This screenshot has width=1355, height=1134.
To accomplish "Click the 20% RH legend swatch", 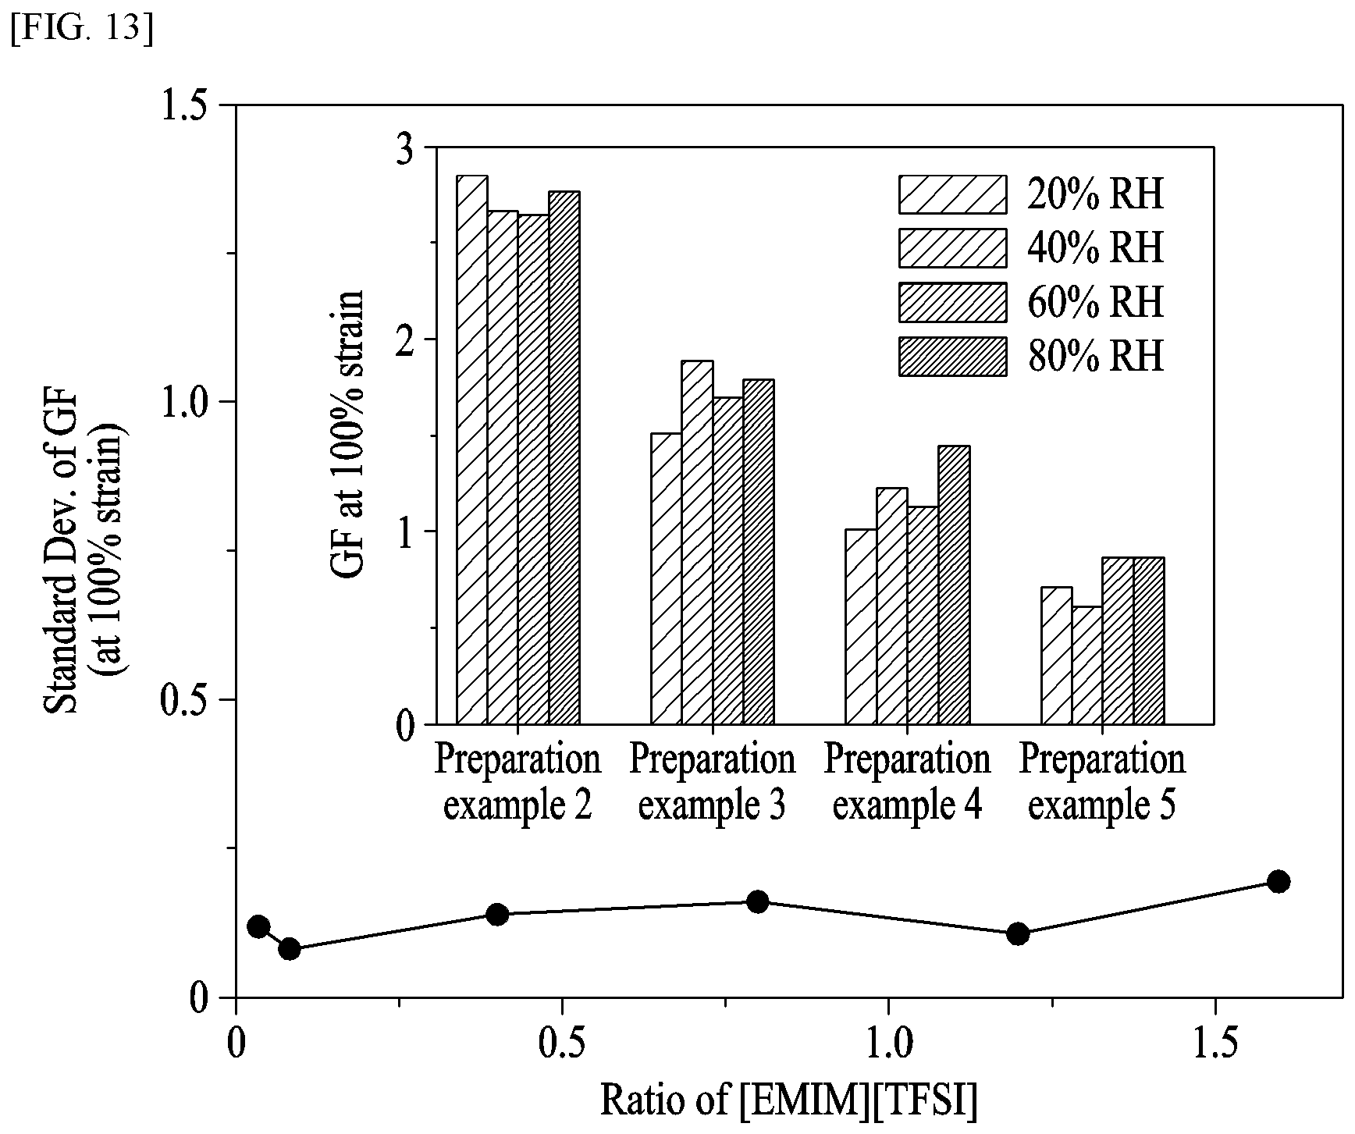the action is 952,194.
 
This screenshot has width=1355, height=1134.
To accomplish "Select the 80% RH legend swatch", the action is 952,357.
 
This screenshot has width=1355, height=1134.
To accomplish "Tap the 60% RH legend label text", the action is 1096,302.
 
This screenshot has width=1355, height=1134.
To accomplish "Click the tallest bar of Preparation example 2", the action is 472,450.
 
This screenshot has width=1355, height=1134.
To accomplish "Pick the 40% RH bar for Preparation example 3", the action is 697,542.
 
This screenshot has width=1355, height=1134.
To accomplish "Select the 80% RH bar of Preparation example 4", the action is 954,585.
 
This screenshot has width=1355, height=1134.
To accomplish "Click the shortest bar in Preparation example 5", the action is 1086,666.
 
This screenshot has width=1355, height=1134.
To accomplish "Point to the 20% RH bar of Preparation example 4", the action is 861,627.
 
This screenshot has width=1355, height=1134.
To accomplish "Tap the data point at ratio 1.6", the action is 1279,882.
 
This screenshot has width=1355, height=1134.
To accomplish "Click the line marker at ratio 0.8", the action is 757,902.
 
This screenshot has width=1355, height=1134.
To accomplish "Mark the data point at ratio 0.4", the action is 497,914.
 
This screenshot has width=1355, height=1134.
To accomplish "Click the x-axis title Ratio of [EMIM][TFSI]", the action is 789,1100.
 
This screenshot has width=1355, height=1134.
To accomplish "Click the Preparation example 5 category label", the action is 1102,783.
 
